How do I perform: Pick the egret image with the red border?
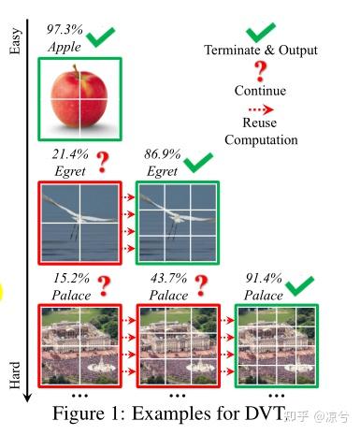(79, 222)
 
